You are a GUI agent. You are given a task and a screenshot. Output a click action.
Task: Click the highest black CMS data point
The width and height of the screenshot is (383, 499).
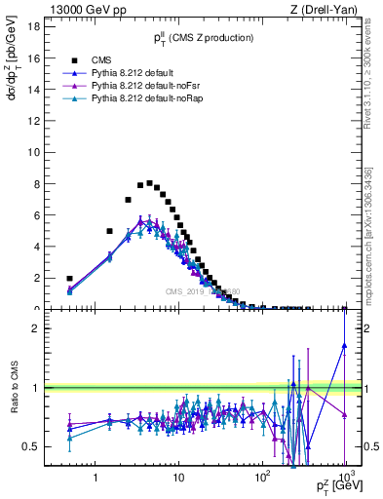coord(149,183)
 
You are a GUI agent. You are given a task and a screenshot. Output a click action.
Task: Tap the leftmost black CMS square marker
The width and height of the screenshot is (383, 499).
coord(69,278)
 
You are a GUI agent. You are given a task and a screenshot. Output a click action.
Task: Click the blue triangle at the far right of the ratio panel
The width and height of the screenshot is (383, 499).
coord(345,345)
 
